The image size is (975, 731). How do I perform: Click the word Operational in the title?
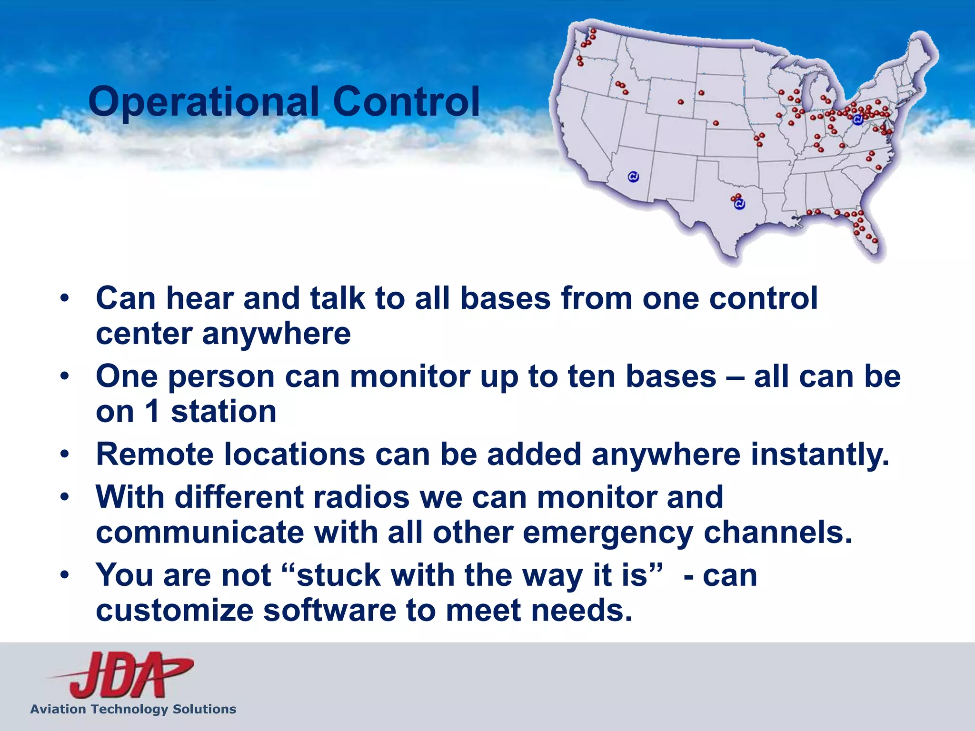[203, 101]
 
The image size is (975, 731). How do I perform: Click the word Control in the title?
[406, 101]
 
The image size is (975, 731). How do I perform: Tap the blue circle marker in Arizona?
[633, 177]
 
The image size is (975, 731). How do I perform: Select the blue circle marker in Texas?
[739, 204]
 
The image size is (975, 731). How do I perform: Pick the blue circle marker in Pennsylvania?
[857, 120]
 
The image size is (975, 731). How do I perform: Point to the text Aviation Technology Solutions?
[133, 709]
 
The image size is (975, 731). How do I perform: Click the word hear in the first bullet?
[199, 298]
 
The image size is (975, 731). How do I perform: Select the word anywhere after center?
[276, 334]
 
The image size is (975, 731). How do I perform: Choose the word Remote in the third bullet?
[155, 454]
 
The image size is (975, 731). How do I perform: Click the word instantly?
[820, 454]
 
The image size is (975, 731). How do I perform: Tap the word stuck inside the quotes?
[338, 575]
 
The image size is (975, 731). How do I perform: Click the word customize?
[174, 611]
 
